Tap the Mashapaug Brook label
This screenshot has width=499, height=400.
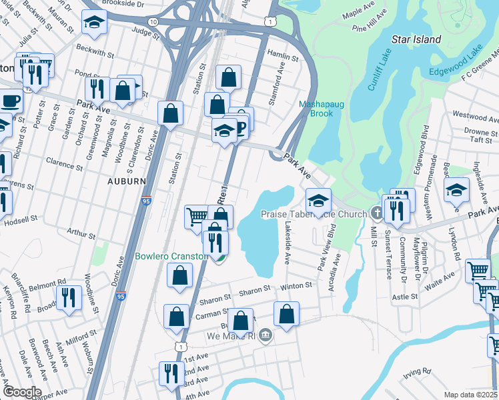click(x=316, y=109)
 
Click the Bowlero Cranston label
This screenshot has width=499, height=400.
click(x=170, y=256)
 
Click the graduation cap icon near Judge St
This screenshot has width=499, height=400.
click(x=94, y=21)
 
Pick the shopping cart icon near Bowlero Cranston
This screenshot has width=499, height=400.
click(x=196, y=216)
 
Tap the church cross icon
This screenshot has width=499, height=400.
click(x=376, y=214)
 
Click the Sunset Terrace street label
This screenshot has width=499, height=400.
click(x=388, y=247)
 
